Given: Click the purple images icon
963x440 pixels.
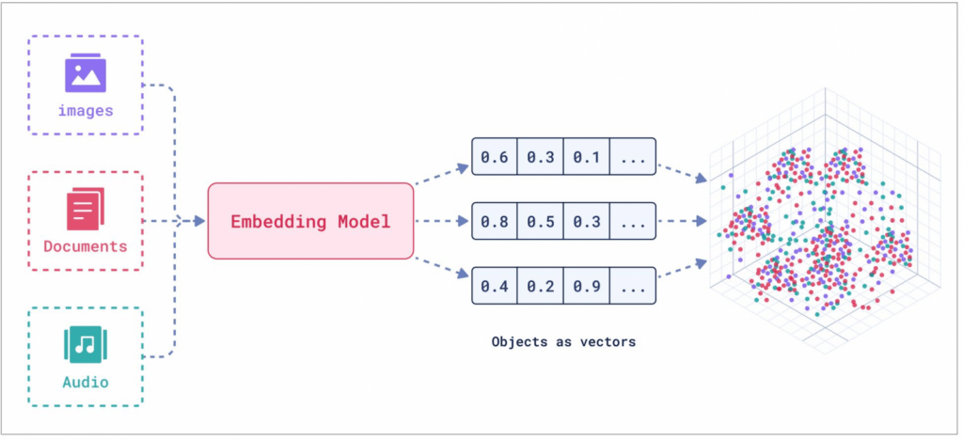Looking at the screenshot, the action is [86, 72].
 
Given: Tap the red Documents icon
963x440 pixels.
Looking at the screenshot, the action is [86, 209].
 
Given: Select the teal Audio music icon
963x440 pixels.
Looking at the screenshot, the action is [86, 345].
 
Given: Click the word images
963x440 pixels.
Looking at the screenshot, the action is [86, 111].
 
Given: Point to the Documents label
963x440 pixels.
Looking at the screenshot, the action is [86, 246].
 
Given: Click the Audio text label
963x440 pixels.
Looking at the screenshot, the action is [86, 383].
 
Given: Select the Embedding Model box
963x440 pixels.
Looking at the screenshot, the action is [310, 221].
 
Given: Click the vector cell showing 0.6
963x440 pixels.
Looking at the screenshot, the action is [495, 156].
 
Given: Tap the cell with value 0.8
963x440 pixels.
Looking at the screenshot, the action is [495, 221].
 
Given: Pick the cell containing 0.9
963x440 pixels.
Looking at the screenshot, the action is [587, 286].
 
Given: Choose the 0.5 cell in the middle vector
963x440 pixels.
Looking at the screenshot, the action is [541, 221].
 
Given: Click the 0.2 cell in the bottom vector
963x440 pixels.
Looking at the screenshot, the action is [541, 286].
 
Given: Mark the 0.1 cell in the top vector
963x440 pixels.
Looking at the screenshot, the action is [587, 156].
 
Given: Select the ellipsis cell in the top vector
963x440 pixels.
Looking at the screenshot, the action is [633, 156].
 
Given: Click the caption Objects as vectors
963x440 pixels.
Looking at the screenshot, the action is [564, 342].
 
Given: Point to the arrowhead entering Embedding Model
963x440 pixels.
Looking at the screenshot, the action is [199, 221].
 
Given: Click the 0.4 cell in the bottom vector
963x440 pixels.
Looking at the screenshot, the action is [495, 286].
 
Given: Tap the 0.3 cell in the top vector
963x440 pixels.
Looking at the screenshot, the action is [541, 156].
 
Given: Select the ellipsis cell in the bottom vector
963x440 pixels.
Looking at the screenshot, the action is [633, 286].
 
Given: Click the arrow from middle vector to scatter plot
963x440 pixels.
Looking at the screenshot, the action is [682, 221].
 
